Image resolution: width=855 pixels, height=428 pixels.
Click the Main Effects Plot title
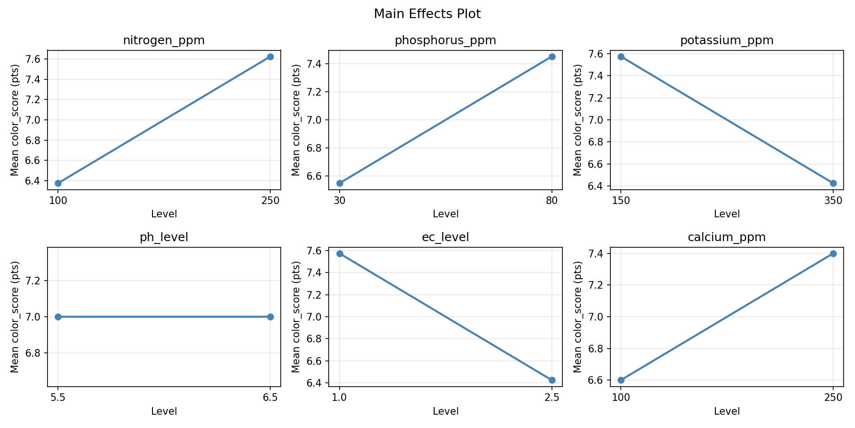click(427, 14)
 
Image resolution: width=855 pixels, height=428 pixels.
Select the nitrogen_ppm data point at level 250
click(270, 57)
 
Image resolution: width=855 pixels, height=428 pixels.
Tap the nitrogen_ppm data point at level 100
click(58, 183)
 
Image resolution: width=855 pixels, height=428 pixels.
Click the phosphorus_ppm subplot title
click(445, 40)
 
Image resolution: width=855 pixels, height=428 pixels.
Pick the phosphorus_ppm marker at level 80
click(552, 57)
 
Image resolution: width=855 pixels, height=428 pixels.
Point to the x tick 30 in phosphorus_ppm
click(339, 200)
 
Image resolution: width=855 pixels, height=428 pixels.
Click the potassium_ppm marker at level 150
click(621, 57)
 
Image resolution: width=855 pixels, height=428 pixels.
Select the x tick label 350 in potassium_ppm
click(833, 200)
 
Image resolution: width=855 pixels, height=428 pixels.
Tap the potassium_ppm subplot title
click(727, 40)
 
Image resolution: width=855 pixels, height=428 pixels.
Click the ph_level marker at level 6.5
click(270, 317)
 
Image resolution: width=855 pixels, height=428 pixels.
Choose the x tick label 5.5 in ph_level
click(58, 397)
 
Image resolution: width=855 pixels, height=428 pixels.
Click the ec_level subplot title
click(445, 237)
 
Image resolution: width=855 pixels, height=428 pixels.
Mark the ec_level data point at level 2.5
click(552, 380)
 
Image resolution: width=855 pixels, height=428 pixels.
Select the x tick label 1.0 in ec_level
click(339, 397)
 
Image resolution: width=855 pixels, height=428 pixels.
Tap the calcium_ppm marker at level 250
click(833, 253)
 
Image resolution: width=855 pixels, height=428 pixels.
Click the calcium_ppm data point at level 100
click(621, 380)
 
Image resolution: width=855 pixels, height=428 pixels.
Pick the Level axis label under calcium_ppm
click(727, 411)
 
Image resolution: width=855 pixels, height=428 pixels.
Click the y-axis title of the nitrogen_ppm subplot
click(15, 120)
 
